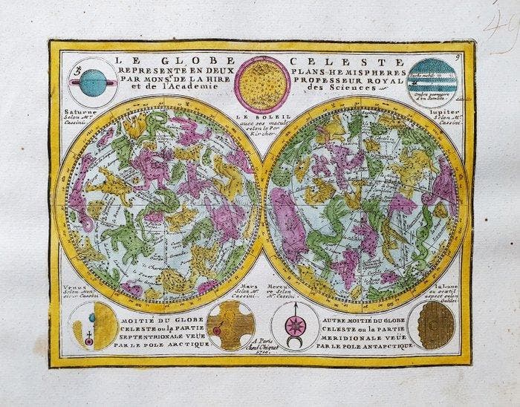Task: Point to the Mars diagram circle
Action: click(x=230, y=325)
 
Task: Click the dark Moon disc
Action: click(x=432, y=325)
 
